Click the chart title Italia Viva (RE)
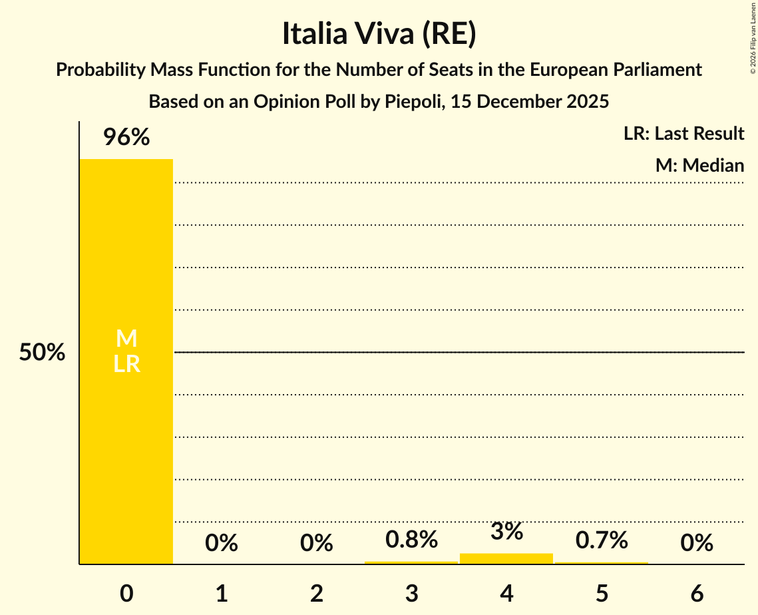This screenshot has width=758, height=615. click(379, 35)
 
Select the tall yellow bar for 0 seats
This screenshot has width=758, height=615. click(126, 433)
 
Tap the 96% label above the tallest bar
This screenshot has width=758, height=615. click(126, 138)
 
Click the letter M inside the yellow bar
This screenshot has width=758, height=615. click(126, 339)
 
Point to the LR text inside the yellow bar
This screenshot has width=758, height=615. click(126, 364)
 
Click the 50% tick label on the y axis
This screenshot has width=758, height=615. click(42, 353)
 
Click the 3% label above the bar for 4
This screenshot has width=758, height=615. click(507, 532)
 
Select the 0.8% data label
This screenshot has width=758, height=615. click(412, 540)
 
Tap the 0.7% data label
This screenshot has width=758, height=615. click(602, 540)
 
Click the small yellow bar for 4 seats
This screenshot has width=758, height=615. click(506, 558)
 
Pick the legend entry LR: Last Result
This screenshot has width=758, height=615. click(683, 134)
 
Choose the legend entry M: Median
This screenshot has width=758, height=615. click(699, 165)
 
